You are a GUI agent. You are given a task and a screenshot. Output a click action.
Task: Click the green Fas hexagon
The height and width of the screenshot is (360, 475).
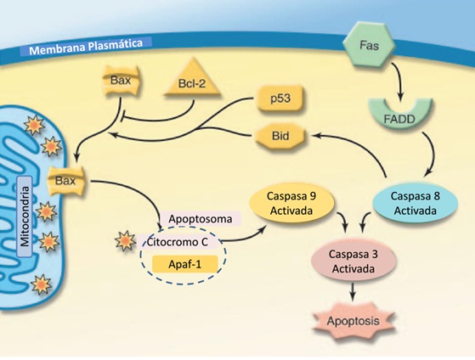point(369,44)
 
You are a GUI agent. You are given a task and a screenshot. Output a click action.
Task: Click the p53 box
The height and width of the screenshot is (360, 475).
point(280,98)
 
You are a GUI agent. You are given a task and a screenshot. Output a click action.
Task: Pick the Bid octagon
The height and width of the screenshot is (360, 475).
point(280,136)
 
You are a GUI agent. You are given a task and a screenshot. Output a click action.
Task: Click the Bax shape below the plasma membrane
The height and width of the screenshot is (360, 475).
point(122,81)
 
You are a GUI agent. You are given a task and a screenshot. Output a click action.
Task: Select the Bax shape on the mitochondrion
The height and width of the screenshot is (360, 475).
point(65,181)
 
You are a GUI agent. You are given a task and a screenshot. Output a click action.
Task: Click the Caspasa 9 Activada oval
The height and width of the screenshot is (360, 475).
point(291,203)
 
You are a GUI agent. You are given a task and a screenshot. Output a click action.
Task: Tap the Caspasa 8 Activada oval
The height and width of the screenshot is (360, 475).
point(415,203)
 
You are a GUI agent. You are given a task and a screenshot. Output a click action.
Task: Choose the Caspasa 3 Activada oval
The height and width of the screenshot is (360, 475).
point(353,261)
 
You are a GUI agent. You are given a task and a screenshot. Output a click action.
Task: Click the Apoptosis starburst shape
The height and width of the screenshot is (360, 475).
point(353,321)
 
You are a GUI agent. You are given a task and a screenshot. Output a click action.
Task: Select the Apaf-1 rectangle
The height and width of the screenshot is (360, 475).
point(184,264)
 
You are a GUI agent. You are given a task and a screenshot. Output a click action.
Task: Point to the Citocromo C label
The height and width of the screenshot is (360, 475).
point(178,242)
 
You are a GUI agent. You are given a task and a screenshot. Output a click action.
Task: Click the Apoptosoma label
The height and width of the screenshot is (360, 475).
point(201,218)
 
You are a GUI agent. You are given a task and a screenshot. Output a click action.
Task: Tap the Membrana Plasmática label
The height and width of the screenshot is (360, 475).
point(86,47)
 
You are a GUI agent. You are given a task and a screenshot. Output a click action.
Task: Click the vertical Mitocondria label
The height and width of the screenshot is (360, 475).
point(25,217)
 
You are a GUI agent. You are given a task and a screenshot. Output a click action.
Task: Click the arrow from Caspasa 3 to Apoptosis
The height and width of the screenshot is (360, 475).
point(352,292)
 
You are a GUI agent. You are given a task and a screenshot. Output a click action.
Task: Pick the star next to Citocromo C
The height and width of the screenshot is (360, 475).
point(125,240)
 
